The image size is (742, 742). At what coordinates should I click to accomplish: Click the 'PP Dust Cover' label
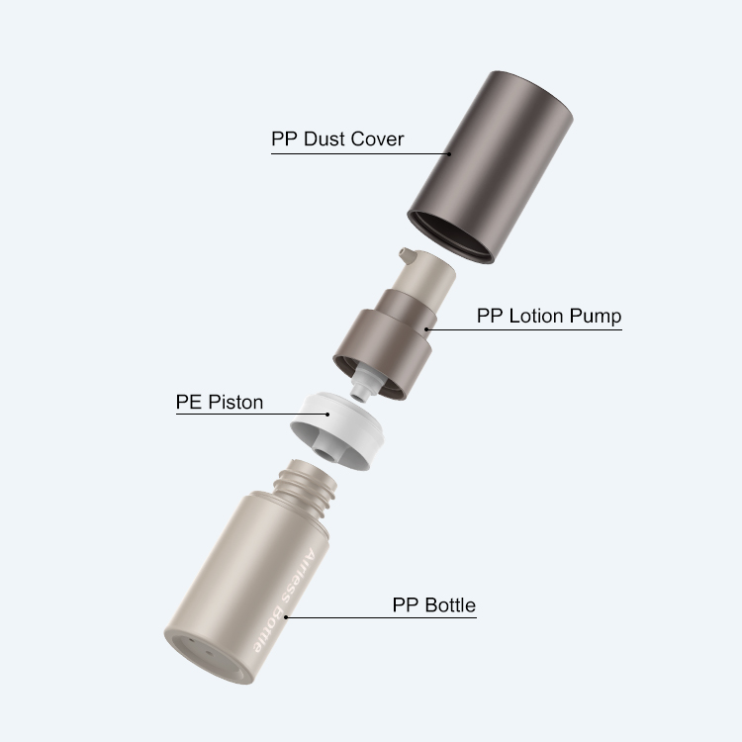(337, 139)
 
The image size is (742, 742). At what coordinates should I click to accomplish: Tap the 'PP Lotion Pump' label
(549, 317)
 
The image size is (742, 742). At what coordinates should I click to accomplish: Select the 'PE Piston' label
(220, 403)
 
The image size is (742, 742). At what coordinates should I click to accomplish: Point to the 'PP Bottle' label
(434, 605)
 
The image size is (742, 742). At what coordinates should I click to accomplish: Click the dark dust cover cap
(491, 165)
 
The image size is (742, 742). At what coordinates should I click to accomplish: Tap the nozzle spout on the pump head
(407, 255)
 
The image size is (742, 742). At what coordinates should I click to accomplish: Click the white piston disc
(337, 429)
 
